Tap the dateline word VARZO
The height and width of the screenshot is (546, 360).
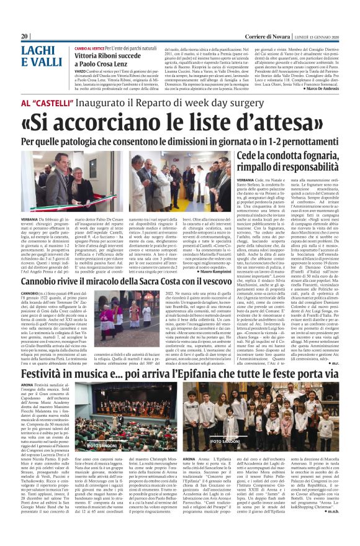point(81,71)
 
